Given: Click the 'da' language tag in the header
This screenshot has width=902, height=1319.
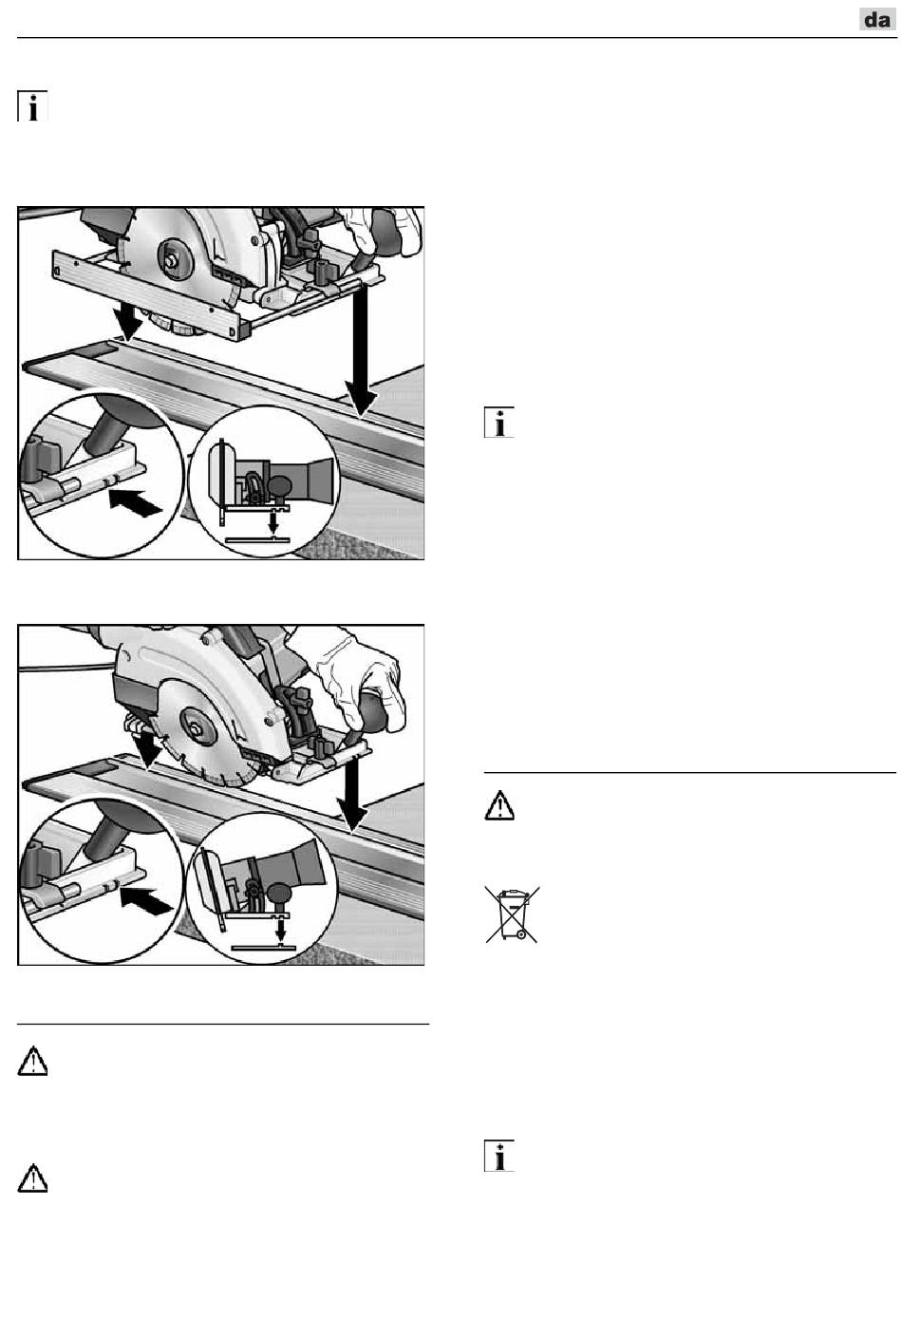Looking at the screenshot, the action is pos(876,20).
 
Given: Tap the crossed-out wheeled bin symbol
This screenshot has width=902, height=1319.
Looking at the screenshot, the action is pos(512,914).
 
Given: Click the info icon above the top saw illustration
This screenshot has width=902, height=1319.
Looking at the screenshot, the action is pos(32,106).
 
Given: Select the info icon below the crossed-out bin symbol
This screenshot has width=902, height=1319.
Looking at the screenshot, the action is pos(499,1156).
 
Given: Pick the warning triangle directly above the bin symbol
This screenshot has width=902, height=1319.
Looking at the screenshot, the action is pos(499,806).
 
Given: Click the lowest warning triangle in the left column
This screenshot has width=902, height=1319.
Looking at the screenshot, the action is pos(32,1178).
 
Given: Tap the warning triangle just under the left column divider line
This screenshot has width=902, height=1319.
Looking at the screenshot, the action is pos(32,1061).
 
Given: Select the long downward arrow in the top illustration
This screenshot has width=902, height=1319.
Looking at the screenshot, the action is pos(361,349).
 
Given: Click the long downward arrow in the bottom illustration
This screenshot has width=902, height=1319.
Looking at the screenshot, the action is pos(352,792).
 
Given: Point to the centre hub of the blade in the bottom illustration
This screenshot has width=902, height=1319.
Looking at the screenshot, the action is pos(195,726).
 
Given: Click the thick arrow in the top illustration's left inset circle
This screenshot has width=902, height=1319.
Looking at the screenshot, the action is pos(136,501).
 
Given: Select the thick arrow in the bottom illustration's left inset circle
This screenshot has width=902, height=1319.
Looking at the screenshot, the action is pos(146,901).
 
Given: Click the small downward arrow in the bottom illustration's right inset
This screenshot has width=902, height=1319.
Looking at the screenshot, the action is pos(281,930).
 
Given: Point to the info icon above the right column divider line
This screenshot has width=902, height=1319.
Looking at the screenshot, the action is pos(499,423).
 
